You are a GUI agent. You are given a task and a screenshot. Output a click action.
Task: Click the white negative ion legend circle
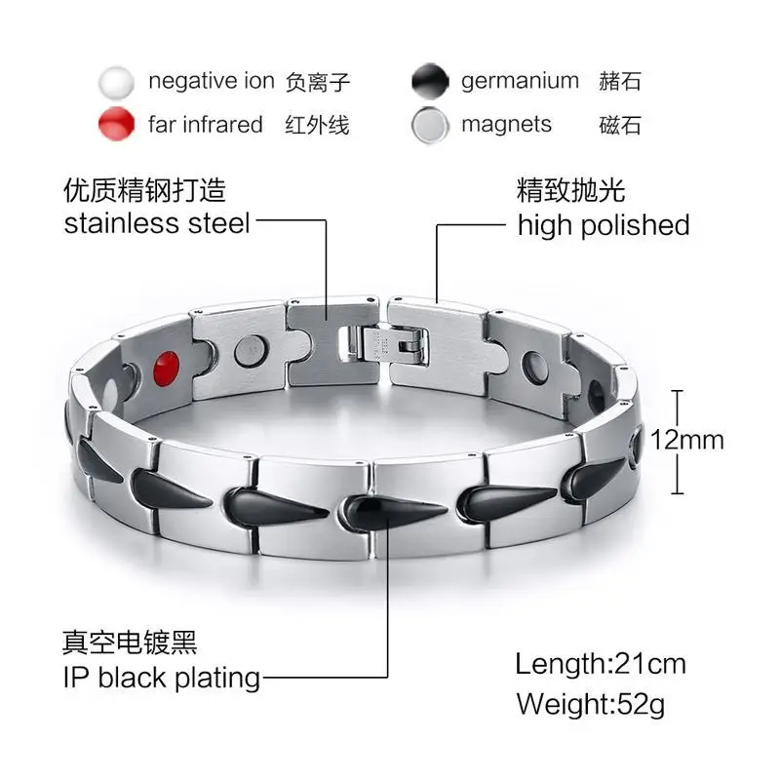click(117, 82)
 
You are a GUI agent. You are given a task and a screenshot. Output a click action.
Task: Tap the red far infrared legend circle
click(117, 125)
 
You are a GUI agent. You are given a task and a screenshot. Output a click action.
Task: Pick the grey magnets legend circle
click(430, 125)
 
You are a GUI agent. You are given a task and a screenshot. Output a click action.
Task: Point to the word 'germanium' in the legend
click(520, 82)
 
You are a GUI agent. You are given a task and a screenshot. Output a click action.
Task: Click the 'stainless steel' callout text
click(157, 223)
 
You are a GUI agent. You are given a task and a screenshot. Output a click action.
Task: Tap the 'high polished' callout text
click(603, 225)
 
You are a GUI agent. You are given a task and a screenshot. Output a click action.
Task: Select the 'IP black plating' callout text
click(162, 677)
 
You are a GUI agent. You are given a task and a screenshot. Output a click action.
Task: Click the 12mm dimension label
click(688, 440)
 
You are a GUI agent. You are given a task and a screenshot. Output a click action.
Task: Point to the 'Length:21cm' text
click(601, 664)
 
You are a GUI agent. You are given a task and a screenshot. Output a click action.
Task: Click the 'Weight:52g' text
click(591, 703)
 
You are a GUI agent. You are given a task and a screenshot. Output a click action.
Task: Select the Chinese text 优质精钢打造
click(144, 189)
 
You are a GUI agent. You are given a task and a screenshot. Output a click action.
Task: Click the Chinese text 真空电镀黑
click(129, 643)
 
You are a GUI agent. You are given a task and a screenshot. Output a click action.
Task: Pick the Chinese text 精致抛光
click(570, 189)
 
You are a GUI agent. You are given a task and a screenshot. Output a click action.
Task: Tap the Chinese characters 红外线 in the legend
click(317, 125)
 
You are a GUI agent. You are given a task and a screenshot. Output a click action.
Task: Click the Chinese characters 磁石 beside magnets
click(619, 125)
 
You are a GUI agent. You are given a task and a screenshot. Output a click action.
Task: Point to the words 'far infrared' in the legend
click(206, 125)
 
